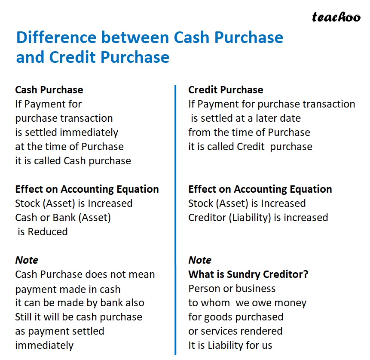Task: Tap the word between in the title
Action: pos(136,38)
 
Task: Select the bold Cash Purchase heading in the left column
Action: pos(49,90)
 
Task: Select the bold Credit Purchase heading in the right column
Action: pos(226,90)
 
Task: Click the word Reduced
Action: pos(48,232)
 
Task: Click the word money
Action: pos(288,303)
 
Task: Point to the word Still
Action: pos(24,317)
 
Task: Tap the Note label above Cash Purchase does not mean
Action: pos(27,260)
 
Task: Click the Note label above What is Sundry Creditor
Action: pos(200,260)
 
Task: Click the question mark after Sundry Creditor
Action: pos(306,274)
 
